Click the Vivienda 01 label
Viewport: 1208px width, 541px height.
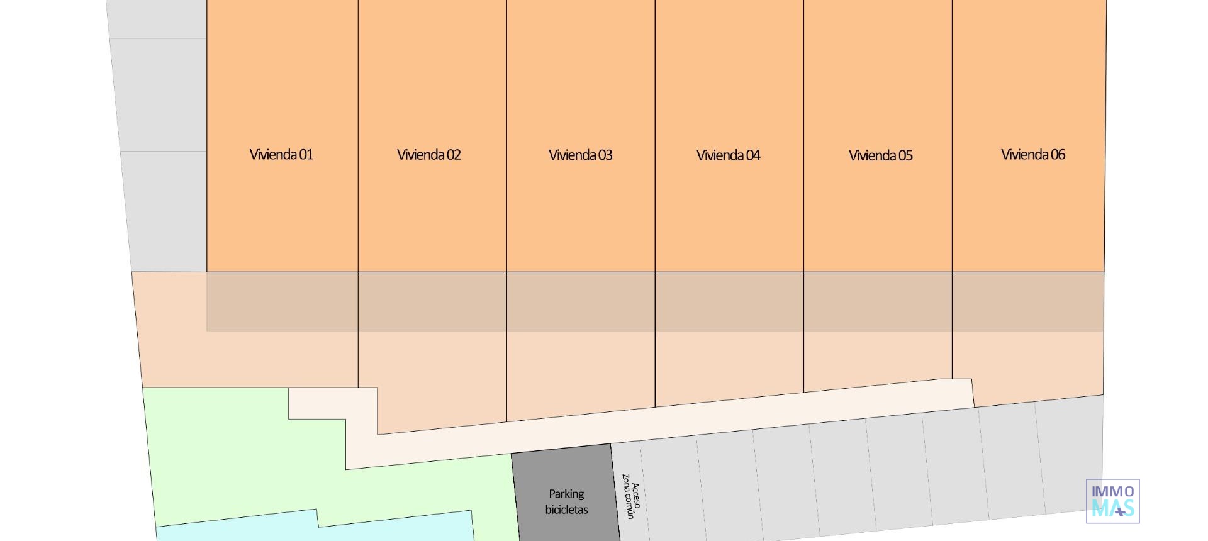(281, 155)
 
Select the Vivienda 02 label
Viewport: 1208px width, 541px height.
(429, 155)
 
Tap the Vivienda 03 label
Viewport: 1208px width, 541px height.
(580, 155)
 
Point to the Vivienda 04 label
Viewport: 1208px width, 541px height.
(729, 155)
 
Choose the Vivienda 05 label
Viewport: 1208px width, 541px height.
(880, 155)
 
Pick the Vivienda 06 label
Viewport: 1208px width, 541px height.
(1032, 155)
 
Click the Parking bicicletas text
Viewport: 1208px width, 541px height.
(566, 502)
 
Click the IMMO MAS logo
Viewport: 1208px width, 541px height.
(1112, 501)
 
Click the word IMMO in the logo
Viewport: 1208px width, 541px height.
(1112, 491)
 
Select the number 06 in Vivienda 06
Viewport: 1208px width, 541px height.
(1057, 155)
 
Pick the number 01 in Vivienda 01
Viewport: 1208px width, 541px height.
(306, 155)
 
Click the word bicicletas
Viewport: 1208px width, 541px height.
(566, 510)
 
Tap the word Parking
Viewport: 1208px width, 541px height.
(566, 494)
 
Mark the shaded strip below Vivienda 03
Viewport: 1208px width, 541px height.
(580, 301)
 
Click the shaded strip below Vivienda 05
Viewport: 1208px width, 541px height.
(878, 301)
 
